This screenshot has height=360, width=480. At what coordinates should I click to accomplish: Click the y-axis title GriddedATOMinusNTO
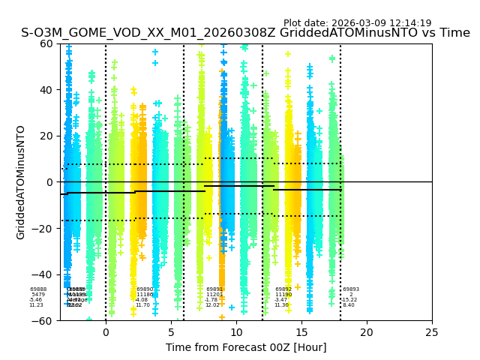click(x=21, y=182)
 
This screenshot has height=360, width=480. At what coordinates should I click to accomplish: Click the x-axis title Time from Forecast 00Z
click(x=246, y=347)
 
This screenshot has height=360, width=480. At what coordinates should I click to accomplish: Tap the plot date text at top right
click(x=357, y=23)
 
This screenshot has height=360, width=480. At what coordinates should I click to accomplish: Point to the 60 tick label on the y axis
click(x=46, y=43)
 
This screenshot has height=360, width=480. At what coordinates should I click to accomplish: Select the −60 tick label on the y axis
click(x=43, y=320)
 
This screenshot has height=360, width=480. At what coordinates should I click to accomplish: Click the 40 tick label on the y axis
click(x=46, y=90)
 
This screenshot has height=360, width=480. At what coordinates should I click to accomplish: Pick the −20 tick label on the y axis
click(x=43, y=228)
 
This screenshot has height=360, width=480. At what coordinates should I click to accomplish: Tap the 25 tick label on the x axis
click(x=432, y=331)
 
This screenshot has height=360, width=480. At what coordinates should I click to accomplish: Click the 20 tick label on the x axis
click(x=367, y=331)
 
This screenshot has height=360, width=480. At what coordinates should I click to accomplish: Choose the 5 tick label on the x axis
click(x=171, y=331)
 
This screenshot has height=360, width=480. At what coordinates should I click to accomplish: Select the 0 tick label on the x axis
click(x=106, y=331)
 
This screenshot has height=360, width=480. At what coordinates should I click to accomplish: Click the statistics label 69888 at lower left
click(x=38, y=289)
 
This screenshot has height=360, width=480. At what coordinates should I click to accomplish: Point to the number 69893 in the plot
click(x=351, y=289)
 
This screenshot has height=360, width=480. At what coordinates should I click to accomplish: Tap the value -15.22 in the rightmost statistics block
click(x=349, y=300)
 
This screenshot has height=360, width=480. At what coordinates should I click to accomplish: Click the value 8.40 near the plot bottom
click(x=349, y=305)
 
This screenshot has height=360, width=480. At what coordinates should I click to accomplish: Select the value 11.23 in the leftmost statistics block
click(x=36, y=305)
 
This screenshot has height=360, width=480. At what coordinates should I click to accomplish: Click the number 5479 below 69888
click(x=38, y=295)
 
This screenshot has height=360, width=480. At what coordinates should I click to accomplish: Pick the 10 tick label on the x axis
click(x=236, y=331)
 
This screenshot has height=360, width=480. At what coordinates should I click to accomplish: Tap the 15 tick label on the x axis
click(x=301, y=331)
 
